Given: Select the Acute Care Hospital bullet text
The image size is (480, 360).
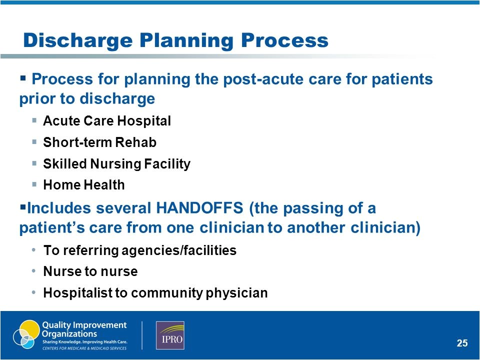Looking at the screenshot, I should [107, 121].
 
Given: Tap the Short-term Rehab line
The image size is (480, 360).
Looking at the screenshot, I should [99, 142].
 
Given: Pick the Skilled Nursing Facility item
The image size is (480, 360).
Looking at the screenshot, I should [116, 164].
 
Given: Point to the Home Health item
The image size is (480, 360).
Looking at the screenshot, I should [83, 185].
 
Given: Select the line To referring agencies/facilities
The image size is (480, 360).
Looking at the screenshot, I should [139, 250].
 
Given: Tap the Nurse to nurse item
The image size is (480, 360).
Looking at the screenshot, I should [90, 271].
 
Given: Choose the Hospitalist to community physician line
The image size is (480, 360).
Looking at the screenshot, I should [155, 293].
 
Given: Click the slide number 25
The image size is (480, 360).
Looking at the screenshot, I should [462, 343].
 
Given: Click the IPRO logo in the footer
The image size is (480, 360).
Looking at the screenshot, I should [170, 335].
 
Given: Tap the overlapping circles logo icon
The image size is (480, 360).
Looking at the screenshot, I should [25, 334].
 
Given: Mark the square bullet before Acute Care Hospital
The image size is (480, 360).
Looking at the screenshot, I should [33, 120].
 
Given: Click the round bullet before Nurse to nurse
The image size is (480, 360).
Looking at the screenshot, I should [33, 271].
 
